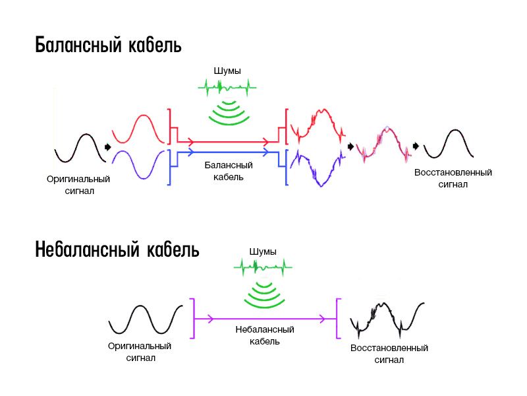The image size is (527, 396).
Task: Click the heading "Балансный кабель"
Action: (108, 46)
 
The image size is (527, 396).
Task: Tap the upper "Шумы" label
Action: (227, 70)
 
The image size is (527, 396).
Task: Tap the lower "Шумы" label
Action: (263, 251)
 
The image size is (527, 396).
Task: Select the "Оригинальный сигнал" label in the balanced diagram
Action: (78, 185)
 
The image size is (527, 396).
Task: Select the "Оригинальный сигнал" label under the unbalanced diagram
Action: (140, 352)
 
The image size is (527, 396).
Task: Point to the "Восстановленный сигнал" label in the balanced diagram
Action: (453, 178)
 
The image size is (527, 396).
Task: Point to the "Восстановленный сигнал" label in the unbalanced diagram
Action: (389, 354)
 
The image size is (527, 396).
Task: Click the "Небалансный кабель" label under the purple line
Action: (265, 335)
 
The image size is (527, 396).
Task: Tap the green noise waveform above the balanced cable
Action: (227, 86)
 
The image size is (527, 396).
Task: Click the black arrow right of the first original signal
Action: (107, 147)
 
